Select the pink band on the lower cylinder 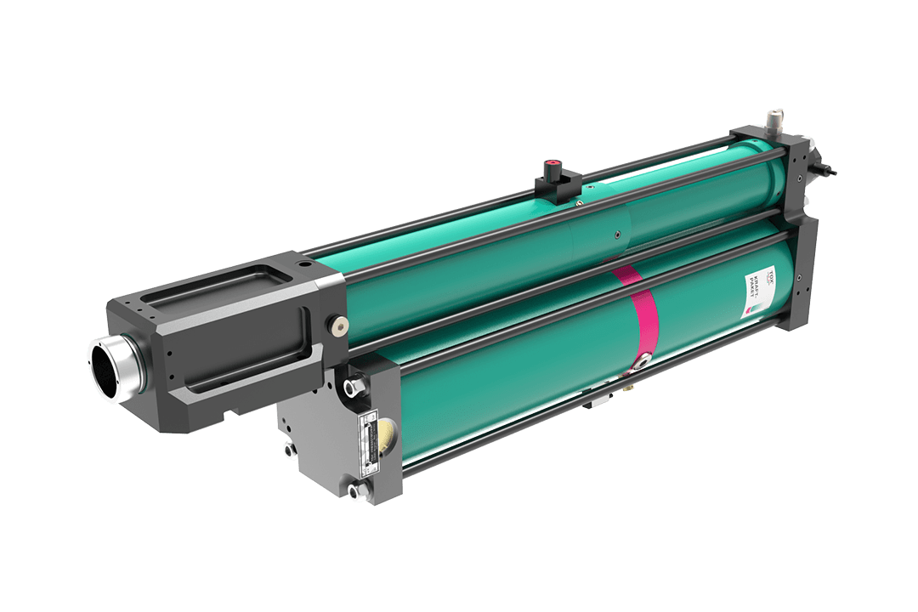pyautogui.click(x=643, y=323)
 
